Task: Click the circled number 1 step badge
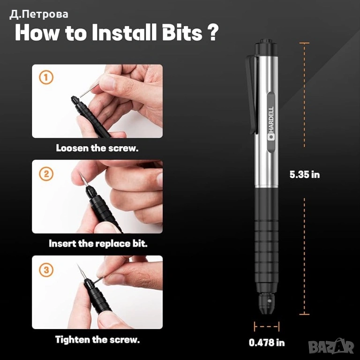click(x=46, y=77)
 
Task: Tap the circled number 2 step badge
click(x=46, y=173)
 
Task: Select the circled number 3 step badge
click(x=46, y=270)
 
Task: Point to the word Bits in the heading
click(x=182, y=33)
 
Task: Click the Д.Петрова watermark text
click(x=39, y=15)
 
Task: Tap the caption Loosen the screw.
click(x=97, y=148)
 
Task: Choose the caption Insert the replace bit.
click(x=98, y=244)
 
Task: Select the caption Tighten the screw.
click(x=97, y=339)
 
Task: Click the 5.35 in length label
click(x=304, y=175)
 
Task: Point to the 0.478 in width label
click(x=267, y=343)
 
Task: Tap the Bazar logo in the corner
click(x=331, y=346)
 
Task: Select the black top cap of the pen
click(x=266, y=47)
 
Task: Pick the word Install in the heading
click(x=124, y=33)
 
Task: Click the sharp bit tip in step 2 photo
click(x=79, y=172)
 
